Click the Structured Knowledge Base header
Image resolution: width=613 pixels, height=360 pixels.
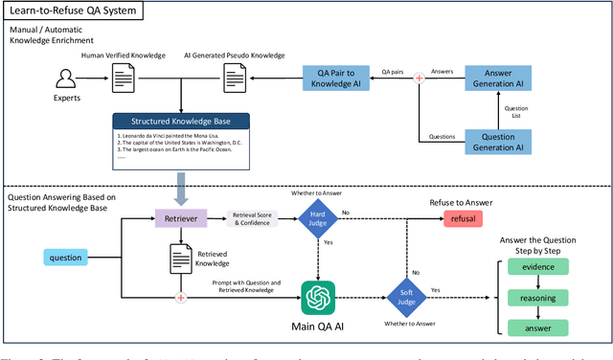point(181,122)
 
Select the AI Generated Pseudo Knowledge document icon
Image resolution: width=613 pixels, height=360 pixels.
point(236,78)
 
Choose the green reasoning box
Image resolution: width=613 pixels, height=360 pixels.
point(539,297)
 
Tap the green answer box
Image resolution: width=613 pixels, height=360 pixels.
point(539,327)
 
